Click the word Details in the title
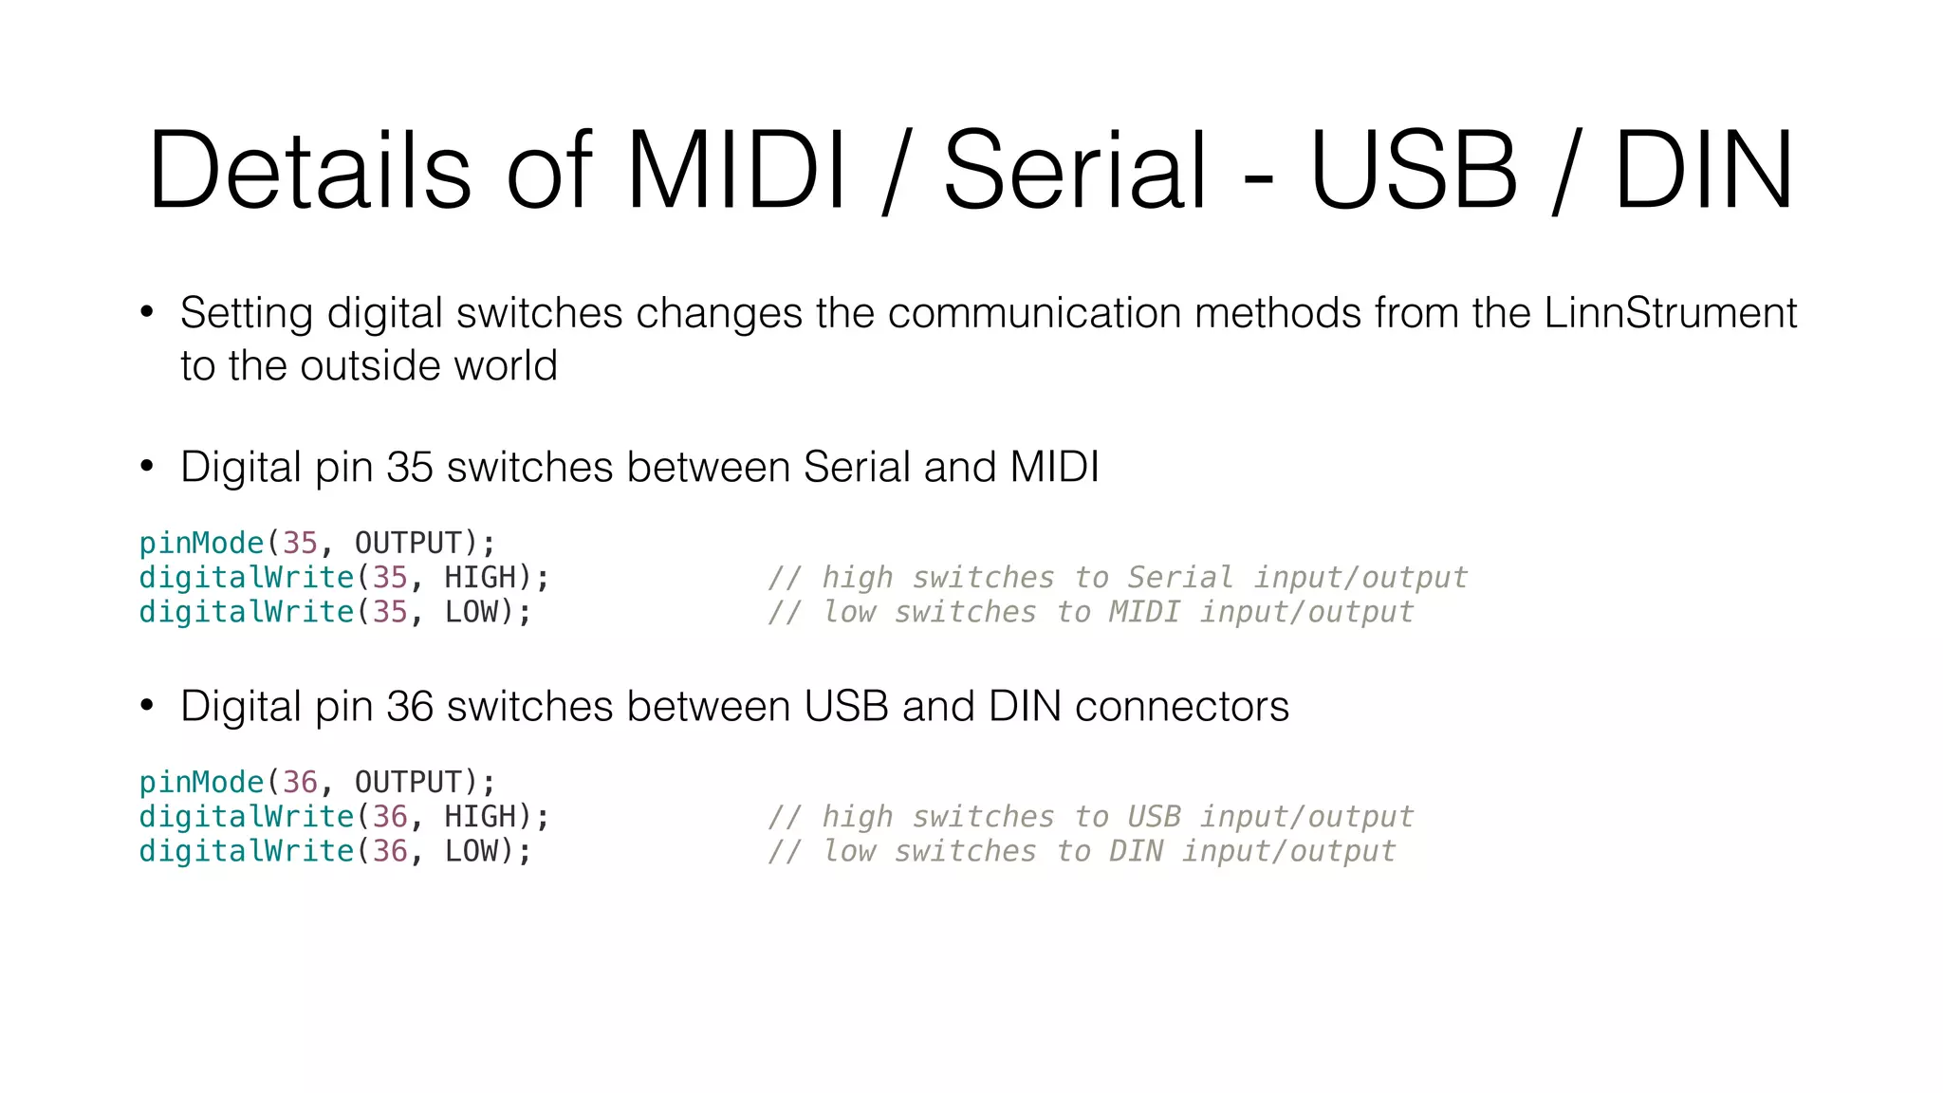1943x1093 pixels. (x=308, y=171)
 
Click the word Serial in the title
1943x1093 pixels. (x=1074, y=171)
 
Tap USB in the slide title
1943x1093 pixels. (x=1414, y=171)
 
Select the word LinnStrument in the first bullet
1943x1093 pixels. (x=1670, y=313)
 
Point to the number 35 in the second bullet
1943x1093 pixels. (x=410, y=468)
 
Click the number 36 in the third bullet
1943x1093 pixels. (x=410, y=707)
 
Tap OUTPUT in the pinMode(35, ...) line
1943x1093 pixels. (x=408, y=544)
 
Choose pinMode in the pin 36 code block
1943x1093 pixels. (x=201, y=783)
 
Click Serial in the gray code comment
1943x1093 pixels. (x=1180, y=578)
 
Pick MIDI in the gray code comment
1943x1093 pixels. (x=1144, y=612)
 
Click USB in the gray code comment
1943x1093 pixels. (x=1154, y=817)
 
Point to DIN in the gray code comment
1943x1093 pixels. (x=1136, y=851)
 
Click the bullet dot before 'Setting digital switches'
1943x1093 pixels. (x=146, y=312)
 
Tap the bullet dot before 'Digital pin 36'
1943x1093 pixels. (x=146, y=706)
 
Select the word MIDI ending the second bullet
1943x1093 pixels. (x=1054, y=468)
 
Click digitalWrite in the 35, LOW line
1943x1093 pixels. (x=247, y=612)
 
